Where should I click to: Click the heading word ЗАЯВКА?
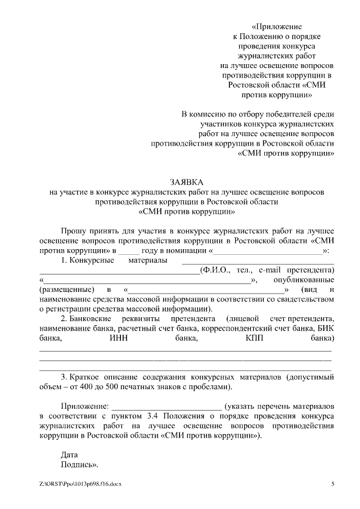click(x=186, y=182)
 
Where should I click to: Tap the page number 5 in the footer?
click(x=332, y=484)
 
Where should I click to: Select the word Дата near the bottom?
click(x=70, y=454)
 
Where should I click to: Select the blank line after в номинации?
click(x=267, y=250)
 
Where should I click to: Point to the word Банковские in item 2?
click(x=93, y=319)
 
